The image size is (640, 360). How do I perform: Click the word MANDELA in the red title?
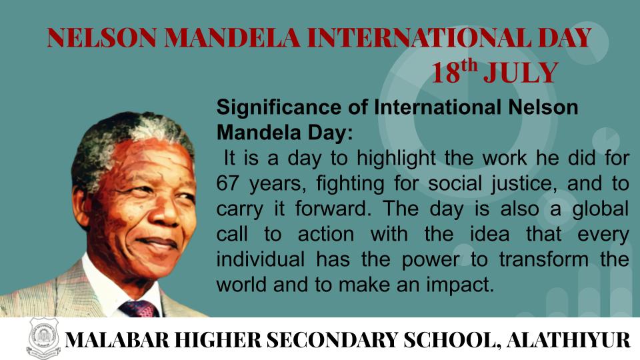click(232, 37)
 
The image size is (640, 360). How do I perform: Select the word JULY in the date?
click(521, 73)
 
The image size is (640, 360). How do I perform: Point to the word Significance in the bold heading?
click(279, 108)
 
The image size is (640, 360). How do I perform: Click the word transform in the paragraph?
click(544, 259)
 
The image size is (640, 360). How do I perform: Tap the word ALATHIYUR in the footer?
click(568, 339)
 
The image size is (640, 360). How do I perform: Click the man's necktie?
click(139, 309)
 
